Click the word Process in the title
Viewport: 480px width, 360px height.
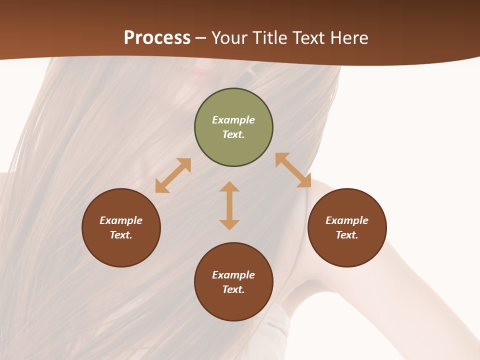[x=157, y=38]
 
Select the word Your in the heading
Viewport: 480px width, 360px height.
[x=230, y=38]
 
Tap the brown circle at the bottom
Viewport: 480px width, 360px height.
[x=233, y=305]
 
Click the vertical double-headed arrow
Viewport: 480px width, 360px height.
[x=229, y=205]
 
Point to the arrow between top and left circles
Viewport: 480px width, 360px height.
[x=173, y=175]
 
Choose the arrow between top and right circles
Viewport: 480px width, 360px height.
[x=293, y=170]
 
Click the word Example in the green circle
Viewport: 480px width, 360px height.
[x=233, y=120]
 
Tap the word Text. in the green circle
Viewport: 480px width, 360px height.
[x=233, y=134]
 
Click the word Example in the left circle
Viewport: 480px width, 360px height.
[x=121, y=220]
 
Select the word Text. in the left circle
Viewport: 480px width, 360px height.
[x=121, y=235]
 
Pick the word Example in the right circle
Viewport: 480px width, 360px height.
[x=347, y=220]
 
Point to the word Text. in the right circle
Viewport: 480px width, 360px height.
[x=347, y=235]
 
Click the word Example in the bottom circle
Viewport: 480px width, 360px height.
[x=233, y=275]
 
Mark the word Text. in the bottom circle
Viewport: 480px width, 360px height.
[x=233, y=289]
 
